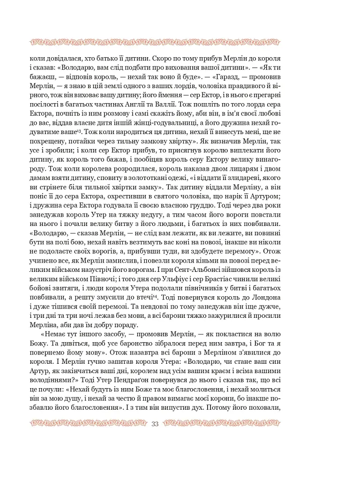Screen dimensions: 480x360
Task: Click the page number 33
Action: [x=156, y=424]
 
